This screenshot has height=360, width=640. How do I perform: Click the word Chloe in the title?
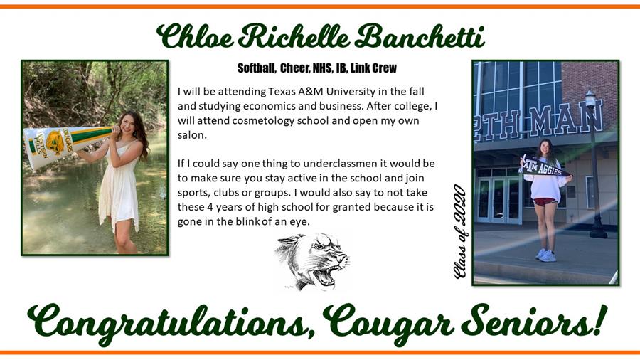(195, 36)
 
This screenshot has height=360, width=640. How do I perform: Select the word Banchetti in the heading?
(420, 36)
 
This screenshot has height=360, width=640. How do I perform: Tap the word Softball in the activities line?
(256, 68)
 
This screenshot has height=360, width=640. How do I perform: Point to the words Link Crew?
(373, 68)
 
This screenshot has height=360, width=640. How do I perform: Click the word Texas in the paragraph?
(282, 91)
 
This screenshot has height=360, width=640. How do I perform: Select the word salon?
(192, 135)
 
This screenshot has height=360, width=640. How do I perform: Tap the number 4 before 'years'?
(210, 207)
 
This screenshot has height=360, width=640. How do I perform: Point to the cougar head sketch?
(312, 261)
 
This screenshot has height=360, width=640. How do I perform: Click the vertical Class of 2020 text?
(460, 231)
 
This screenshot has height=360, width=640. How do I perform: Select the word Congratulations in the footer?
(171, 324)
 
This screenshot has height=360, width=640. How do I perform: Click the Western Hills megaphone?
(68, 145)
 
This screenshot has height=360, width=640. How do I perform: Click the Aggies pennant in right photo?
(545, 166)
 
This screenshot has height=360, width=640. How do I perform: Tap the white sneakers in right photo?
(545, 255)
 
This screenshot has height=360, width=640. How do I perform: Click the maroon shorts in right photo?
(545, 201)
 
